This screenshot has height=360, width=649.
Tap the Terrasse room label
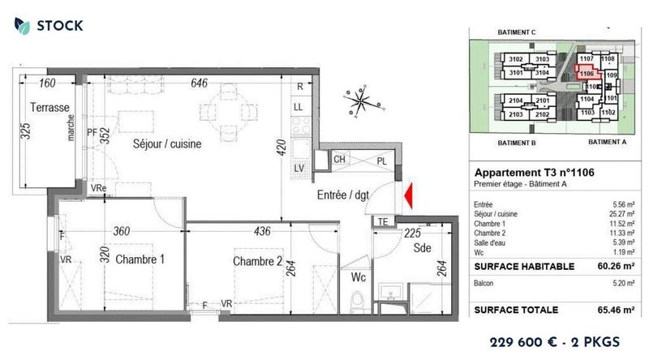(50, 108)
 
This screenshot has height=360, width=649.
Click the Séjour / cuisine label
(167, 144)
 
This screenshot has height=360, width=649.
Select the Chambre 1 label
(140, 259)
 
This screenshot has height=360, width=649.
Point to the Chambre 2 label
(257, 261)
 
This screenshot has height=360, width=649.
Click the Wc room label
(359, 277)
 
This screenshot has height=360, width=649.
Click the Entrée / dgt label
(343, 194)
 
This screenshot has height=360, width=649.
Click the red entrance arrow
(409, 195)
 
